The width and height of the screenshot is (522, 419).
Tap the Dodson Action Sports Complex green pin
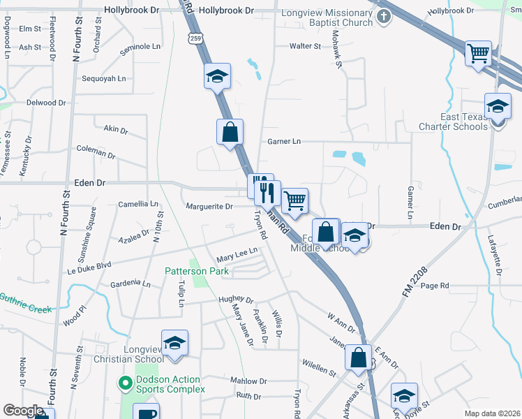126,383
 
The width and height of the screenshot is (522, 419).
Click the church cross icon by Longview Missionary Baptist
383,17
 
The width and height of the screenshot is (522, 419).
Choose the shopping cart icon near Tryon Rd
295,200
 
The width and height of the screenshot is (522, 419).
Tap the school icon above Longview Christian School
174,344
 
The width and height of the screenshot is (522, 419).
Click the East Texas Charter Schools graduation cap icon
498,108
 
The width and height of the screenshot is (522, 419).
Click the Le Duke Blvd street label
89,265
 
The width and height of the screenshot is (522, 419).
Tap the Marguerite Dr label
209,207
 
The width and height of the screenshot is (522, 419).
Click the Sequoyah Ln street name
104,78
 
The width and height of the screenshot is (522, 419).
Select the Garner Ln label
284,141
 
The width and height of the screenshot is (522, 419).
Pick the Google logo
23,410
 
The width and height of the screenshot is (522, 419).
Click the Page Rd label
434,286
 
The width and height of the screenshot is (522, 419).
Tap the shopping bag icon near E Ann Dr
358,358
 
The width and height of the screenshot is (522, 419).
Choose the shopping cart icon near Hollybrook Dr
478,53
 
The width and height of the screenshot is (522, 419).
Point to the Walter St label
305,46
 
